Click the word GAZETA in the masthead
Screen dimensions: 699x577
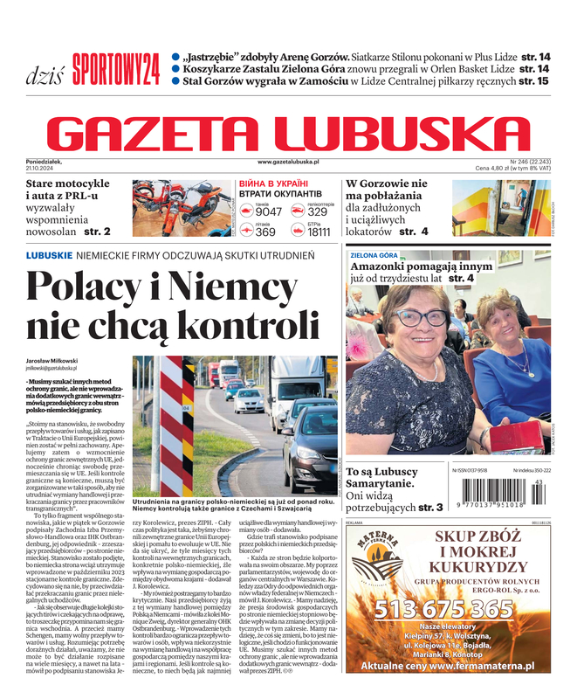171,135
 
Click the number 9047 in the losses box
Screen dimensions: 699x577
269,211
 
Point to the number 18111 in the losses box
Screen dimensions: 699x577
319,232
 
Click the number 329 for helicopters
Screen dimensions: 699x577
318,211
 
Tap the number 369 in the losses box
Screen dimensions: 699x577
265,232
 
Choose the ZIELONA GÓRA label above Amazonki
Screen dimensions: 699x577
374,255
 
